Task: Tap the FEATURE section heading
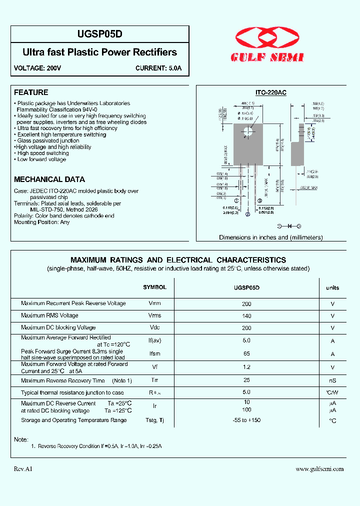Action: click(x=31, y=92)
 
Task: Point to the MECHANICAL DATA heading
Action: click(x=49, y=179)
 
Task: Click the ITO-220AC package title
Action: click(x=271, y=93)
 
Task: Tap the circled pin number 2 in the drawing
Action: click(x=248, y=214)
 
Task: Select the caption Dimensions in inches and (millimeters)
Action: click(x=271, y=237)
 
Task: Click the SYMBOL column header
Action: click(x=154, y=287)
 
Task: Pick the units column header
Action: click(x=332, y=287)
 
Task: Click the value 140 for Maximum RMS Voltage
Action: click(x=246, y=316)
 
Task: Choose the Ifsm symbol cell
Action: click(x=154, y=354)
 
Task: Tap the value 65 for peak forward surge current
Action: click(x=246, y=353)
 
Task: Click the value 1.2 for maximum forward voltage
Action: click(x=246, y=367)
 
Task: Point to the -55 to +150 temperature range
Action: click(x=246, y=420)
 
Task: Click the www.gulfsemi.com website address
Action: click(x=319, y=469)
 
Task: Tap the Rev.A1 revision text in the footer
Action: click(x=23, y=469)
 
